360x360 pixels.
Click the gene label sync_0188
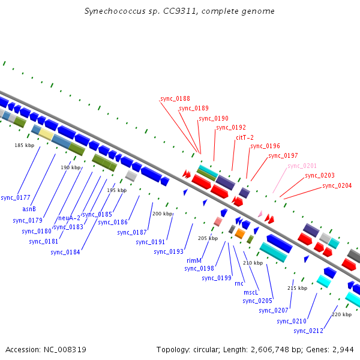point(175,99)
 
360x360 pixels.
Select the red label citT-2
point(245,137)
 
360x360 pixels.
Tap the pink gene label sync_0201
point(302,166)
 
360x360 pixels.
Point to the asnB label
point(29,209)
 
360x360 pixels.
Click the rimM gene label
point(194,260)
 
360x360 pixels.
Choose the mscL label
point(251,292)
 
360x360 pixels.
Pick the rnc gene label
point(239,284)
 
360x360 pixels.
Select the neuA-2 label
point(69,218)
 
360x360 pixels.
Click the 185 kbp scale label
point(25,145)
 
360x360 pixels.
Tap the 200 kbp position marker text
point(163,214)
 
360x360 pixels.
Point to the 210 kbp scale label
point(253,263)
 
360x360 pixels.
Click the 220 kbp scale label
point(341,314)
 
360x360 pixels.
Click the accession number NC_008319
point(65,350)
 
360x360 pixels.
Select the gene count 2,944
point(343,350)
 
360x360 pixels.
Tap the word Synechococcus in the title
point(115,11)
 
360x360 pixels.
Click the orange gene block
point(240,233)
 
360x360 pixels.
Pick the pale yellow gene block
point(46,134)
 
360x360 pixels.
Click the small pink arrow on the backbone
point(260,214)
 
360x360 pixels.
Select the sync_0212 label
point(308,331)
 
